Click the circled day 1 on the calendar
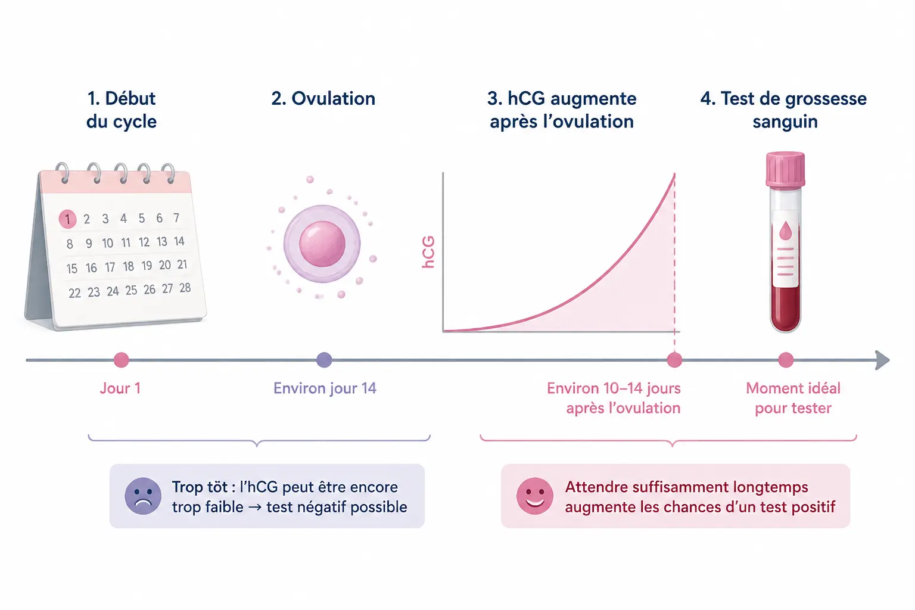point(67,219)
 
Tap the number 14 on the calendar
point(179,241)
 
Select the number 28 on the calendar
point(185,288)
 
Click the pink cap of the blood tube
point(785,169)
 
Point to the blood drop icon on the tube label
point(785,231)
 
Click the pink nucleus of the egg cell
point(322,244)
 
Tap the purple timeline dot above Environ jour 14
point(324,360)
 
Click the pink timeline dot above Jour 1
point(122,360)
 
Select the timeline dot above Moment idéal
point(786,360)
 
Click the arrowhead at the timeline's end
point(882,360)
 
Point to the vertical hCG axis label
point(428,252)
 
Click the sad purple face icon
point(143,496)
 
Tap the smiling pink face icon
point(535,496)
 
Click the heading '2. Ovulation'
point(323,98)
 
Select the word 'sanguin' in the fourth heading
point(785,122)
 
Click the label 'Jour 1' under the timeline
point(120,388)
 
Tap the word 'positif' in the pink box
point(813,507)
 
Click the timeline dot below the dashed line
point(674,360)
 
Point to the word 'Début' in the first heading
point(130,98)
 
